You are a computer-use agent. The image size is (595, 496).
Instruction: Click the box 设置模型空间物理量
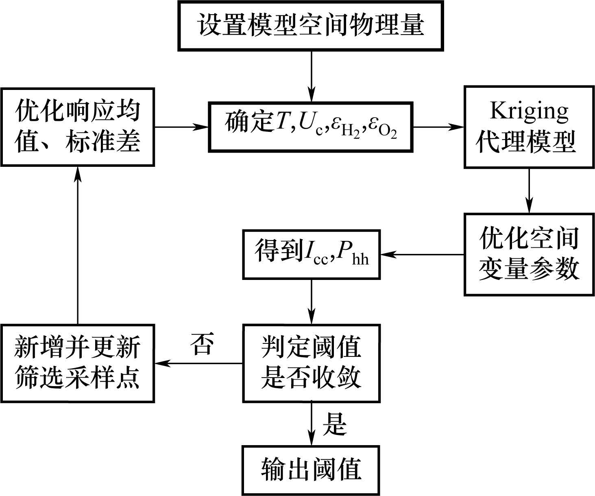point(310,26)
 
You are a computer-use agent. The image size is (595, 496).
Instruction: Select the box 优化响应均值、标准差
point(77,127)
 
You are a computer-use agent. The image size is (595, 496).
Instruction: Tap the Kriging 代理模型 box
point(529,127)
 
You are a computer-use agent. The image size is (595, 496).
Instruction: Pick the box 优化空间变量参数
point(529,254)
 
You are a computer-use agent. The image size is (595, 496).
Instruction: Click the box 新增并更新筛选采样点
point(77,363)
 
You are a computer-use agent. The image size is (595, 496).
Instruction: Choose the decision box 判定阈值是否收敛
point(311,363)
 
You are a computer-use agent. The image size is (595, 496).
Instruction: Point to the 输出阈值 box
point(311,470)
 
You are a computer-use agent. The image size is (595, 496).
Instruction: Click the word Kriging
point(529,110)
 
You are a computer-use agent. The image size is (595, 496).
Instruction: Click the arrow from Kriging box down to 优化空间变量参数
point(529,190)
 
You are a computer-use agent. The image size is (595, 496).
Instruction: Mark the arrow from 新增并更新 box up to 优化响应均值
point(77,244)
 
